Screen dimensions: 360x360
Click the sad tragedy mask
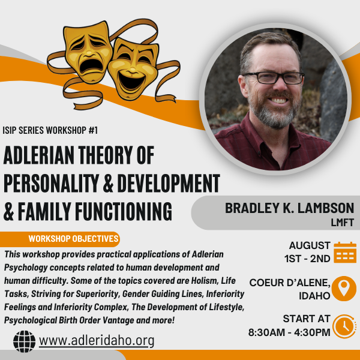coord(88,52)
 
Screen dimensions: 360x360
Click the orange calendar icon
coord(345,252)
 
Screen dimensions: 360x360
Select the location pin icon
coord(344,289)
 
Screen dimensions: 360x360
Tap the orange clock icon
coord(344,326)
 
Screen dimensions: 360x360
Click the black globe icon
coord(25,341)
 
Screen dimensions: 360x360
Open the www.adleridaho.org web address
coord(97,341)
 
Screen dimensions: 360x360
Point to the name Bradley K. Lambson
coord(289,208)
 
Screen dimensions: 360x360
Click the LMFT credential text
coord(343,222)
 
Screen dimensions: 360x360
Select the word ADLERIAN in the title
coord(39,155)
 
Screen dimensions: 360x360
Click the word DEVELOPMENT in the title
coord(169,183)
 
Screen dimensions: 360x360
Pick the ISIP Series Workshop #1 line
coord(50,130)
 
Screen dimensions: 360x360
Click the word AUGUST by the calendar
coord(310,245)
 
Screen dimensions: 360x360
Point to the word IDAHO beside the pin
coord(314,296)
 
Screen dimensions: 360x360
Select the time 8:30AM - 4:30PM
coord(289,332)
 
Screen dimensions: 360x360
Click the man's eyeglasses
coord(274,78)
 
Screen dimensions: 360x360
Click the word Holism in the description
coord(205,281)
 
